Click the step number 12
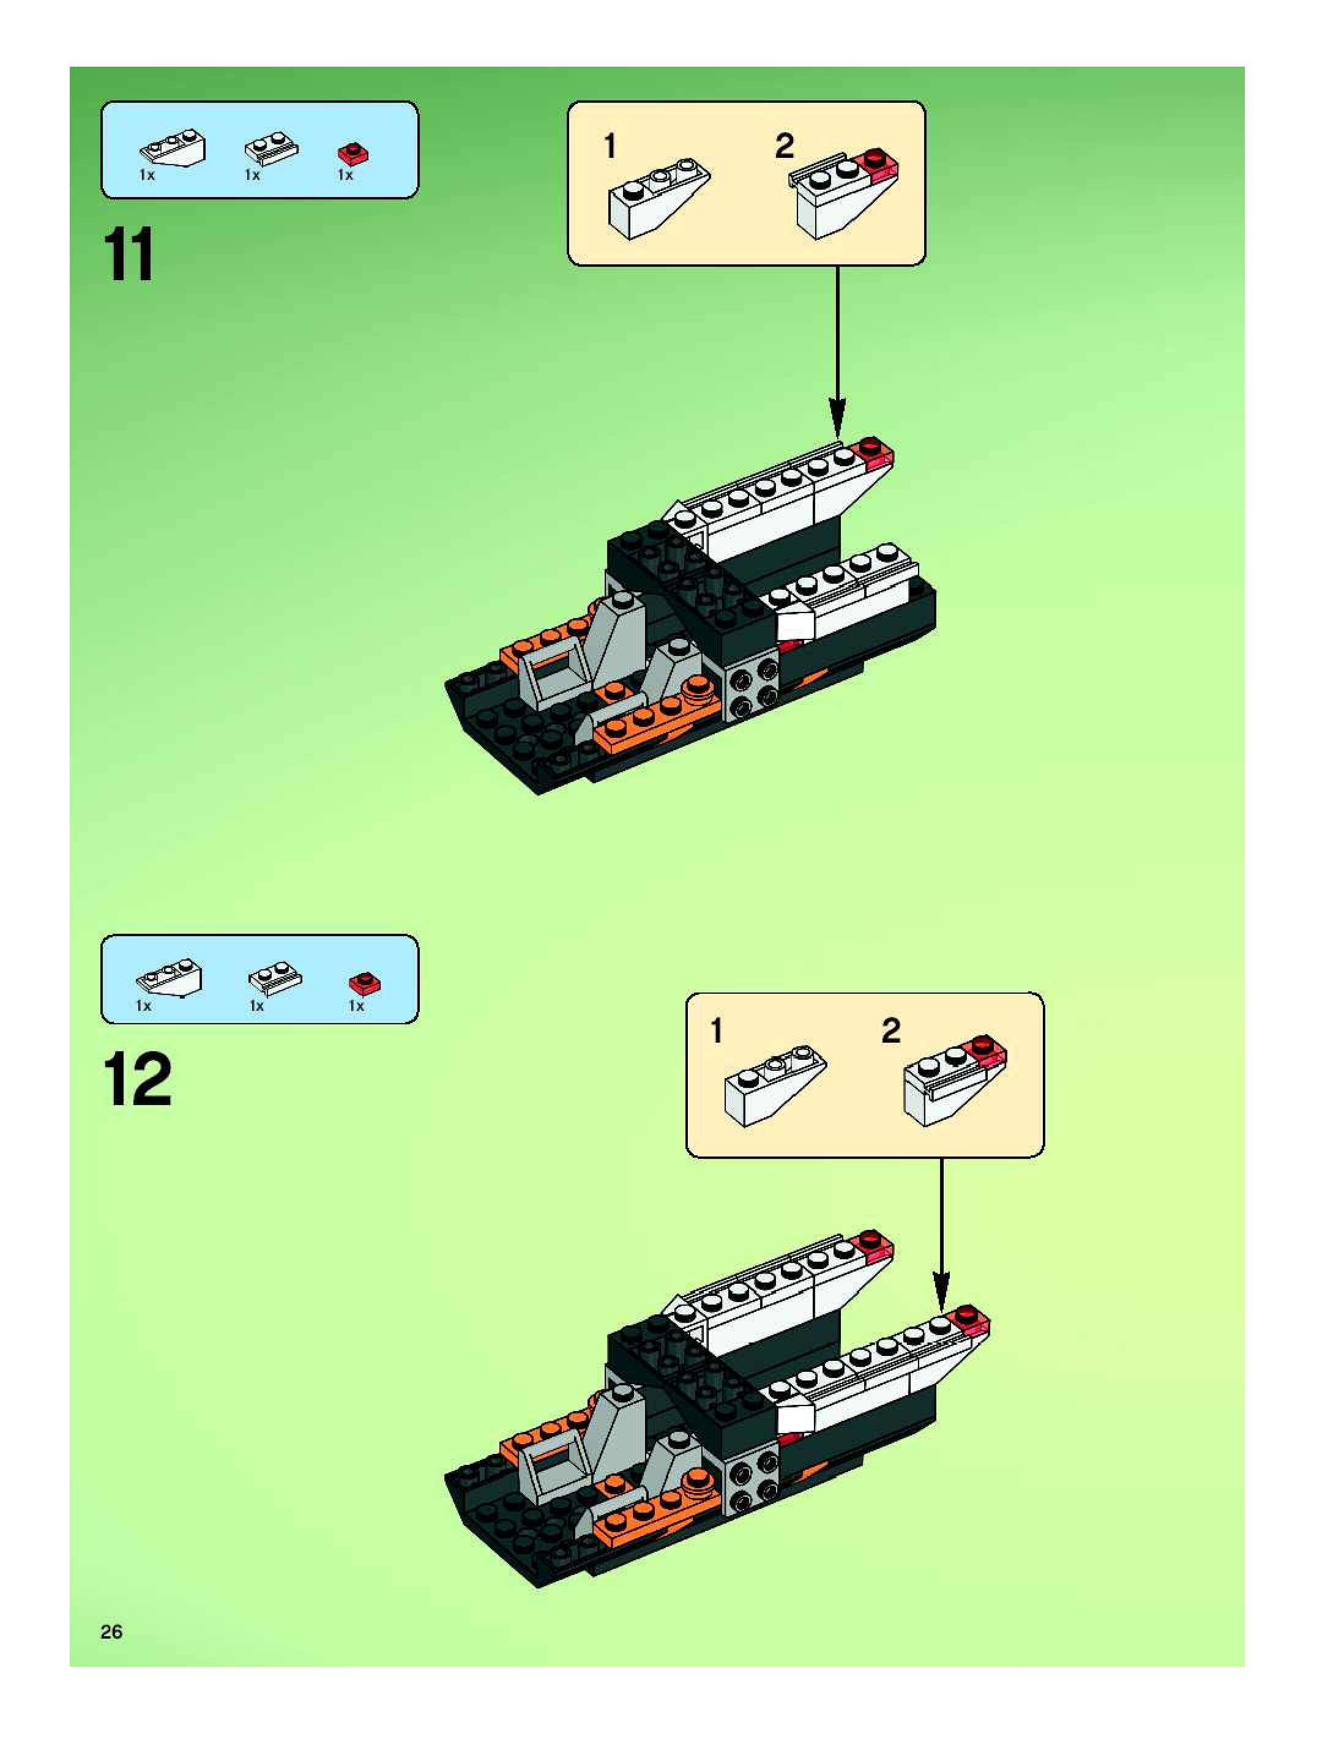click(137, 1080)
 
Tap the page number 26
click(111, 1631)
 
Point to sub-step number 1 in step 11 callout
click(610, 146)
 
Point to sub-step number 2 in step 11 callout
click(785, 146)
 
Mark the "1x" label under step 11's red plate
click(345, 176)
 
